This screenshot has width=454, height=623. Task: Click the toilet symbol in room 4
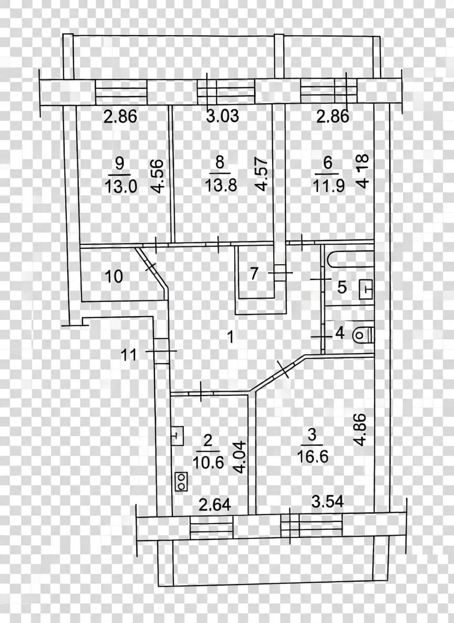tap(363, 334)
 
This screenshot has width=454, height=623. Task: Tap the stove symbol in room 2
tap(181, 481)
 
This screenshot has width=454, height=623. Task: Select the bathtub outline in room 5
tap(351, 259)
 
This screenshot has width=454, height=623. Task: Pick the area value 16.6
tap(313, 457)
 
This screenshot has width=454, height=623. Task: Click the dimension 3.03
tap(223, 116)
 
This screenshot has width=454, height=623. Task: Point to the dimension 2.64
tap(215, 505)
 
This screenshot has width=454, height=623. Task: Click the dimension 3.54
tap(327, 501)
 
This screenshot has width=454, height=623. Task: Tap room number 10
tap(114, 276)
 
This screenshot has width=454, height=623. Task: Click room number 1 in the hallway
tap(230, 337)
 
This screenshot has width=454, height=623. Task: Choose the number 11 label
tap(129, 355)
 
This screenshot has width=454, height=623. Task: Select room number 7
tap(254, 274)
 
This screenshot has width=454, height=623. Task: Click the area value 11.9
tap(328, 185)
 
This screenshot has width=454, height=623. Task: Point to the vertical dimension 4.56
tap(158, 176)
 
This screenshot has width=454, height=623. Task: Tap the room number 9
tap(119, 163)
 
